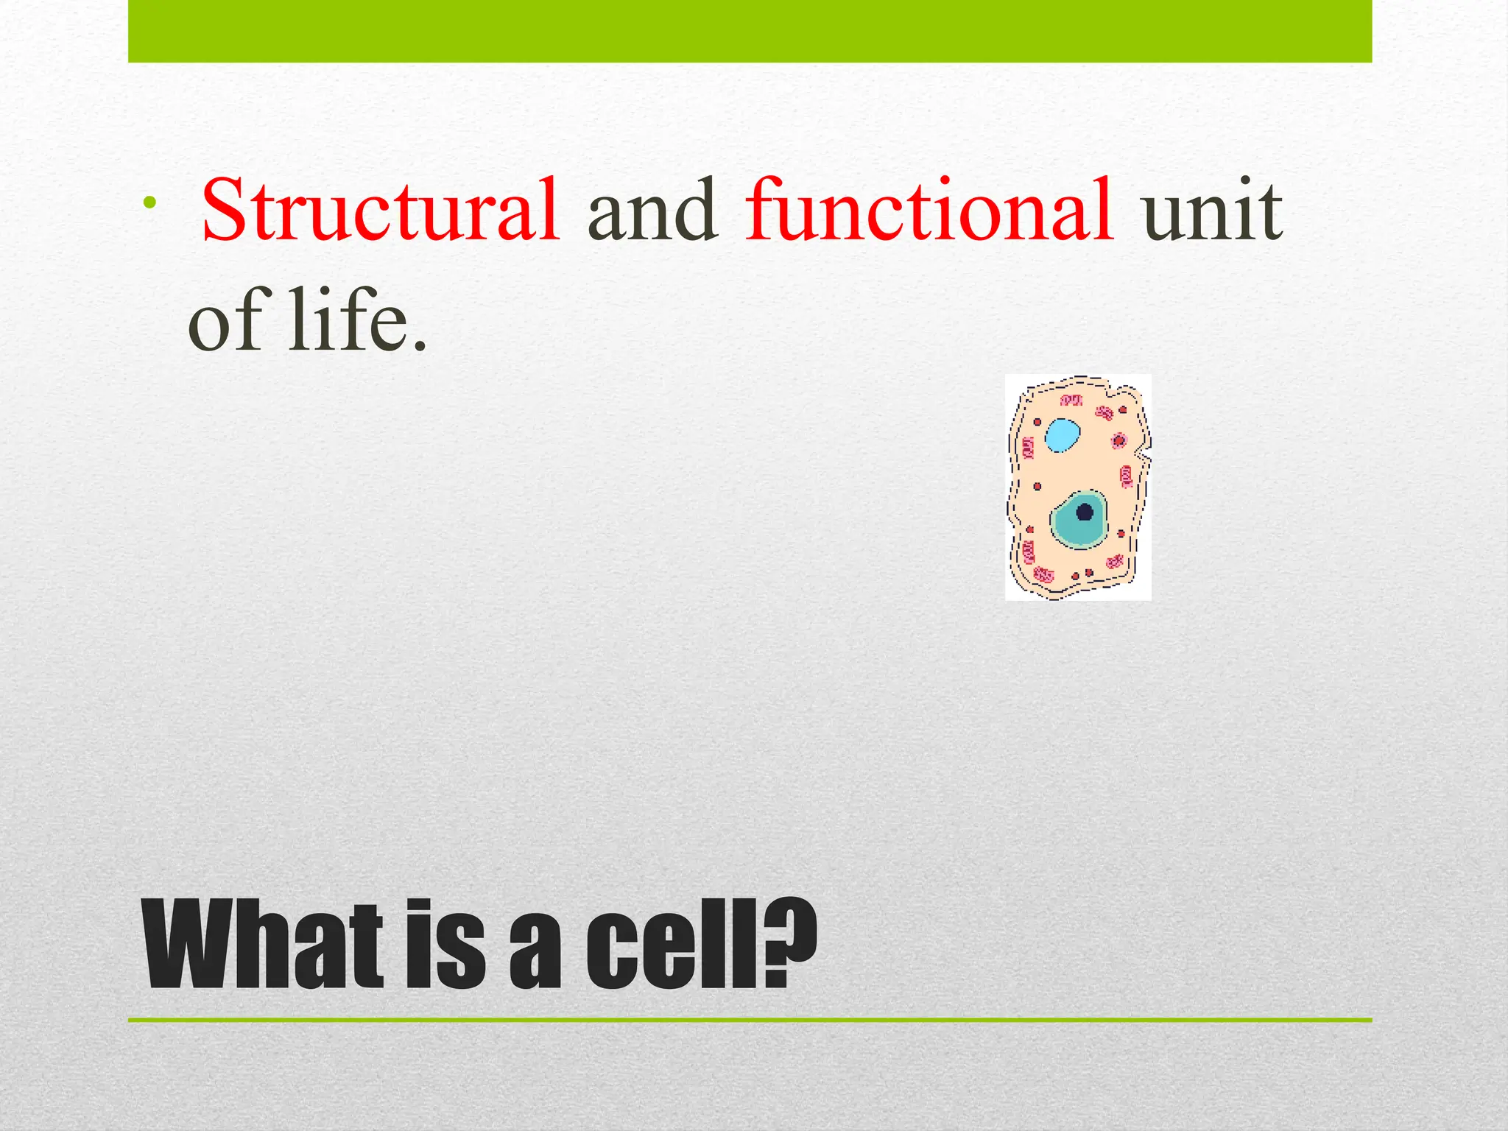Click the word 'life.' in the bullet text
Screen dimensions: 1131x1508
[x=357, y=320]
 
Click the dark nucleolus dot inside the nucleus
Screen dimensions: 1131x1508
[x=1085, y=512]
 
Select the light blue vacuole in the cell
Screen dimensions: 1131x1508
[x=1063, y=435]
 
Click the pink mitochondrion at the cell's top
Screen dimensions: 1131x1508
[x=1071, y=401]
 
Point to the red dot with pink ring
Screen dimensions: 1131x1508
[x=1119, y=441]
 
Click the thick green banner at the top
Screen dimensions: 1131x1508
[x=750, y=31]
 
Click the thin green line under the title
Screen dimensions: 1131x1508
[x=750, y=1020]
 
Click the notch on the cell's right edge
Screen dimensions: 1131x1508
[x=1143, y=451]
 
